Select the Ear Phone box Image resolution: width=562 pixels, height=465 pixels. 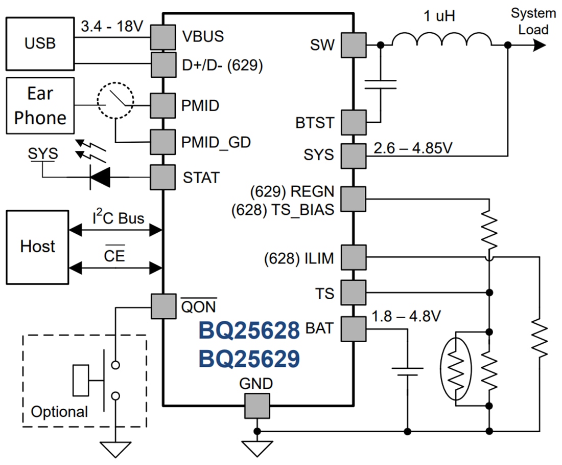(40, 106)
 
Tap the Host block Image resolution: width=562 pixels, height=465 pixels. (37, 247)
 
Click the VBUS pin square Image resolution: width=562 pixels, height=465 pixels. (163, 37)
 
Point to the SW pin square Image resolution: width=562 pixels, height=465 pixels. (354, 45)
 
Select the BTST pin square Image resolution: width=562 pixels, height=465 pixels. (354, 123)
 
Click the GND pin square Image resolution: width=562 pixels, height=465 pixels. (257, 406)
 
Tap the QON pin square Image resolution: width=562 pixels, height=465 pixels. (163, 306)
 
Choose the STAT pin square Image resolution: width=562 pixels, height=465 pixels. (163, 178)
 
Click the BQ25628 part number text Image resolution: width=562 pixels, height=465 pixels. (249, 331)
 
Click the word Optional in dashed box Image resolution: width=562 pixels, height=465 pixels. (59, 412)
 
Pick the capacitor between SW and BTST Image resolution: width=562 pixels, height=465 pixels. (380, 84)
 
